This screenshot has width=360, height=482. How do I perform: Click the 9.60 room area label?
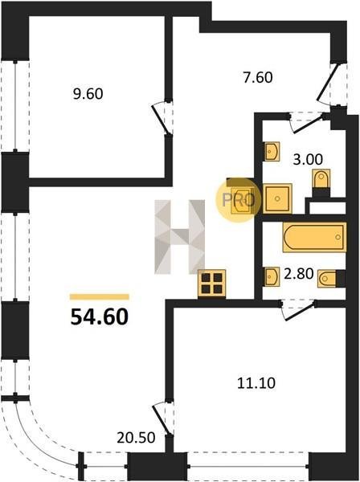88,94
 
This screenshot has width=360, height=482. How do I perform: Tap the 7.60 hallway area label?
258,77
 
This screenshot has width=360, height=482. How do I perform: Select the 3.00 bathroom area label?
308,159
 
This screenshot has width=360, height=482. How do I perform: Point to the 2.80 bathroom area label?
298,274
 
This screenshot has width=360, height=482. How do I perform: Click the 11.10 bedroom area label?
256,383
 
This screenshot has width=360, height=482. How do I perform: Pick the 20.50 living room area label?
136,438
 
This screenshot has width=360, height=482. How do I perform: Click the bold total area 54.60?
100,317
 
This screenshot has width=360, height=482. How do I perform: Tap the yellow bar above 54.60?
100,296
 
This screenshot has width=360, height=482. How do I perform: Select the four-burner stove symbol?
212,283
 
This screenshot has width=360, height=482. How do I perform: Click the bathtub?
314,237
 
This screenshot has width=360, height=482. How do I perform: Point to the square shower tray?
277,198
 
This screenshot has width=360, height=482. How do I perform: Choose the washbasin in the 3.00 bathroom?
272,151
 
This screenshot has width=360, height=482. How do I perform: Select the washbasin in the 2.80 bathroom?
272,276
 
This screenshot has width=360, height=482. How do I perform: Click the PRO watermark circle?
238,200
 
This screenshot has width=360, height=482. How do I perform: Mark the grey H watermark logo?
180,237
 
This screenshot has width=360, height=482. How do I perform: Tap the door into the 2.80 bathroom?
299,310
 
